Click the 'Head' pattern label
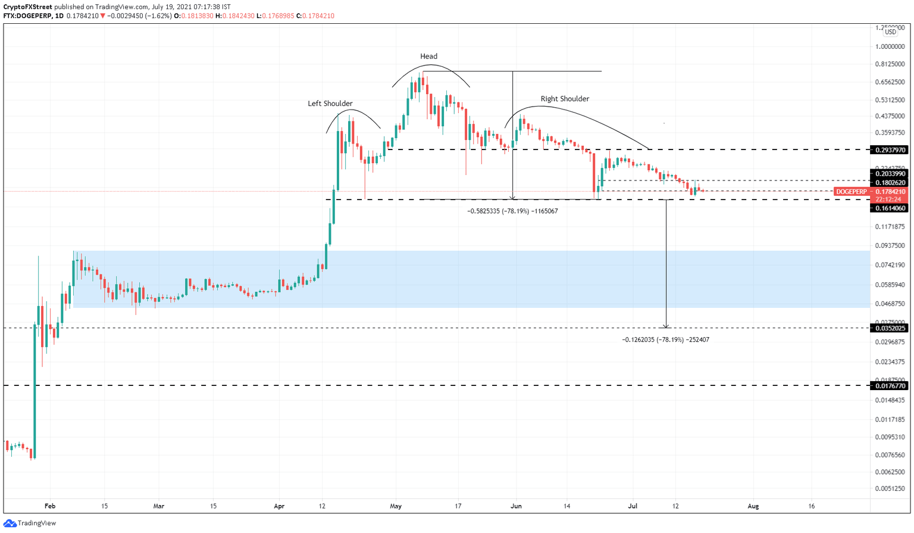pyautogui.click(x=428, y=57)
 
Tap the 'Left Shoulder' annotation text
pyautogui.click(x=330, y=104)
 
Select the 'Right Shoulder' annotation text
pyautogui.click(x=565, y=99)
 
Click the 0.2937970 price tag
pyautogui.click(x=890, y=150)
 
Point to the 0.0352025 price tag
pyautogui.click(x=890, y=328)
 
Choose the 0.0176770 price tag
pyautogui.click(x=890, y=386)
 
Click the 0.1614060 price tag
pyautogui.click(x=890, y=208)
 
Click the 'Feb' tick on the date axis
pyautogui.click(x=50, y=506)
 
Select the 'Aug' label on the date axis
pyautogui.click(x=753, y=506)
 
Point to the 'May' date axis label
pyautogui.click(x=396, y=506)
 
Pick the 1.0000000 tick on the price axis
pyautogui.click(x=890, y=46)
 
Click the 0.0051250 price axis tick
pyautogui.click(x=890, y=488)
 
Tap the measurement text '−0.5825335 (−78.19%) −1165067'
pyautogui.click(x=512, y=211)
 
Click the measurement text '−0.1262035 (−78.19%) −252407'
pyautogui.click(x=665, y=340)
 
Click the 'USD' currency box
pyautogui.click(x=890, y=32)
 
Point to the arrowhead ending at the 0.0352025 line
pyautogui.click(x=666, y=326)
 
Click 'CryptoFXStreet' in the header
pyautogui.click(x=27, y=7)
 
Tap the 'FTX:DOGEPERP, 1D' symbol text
pyautogui.click(x=33, y=16)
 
